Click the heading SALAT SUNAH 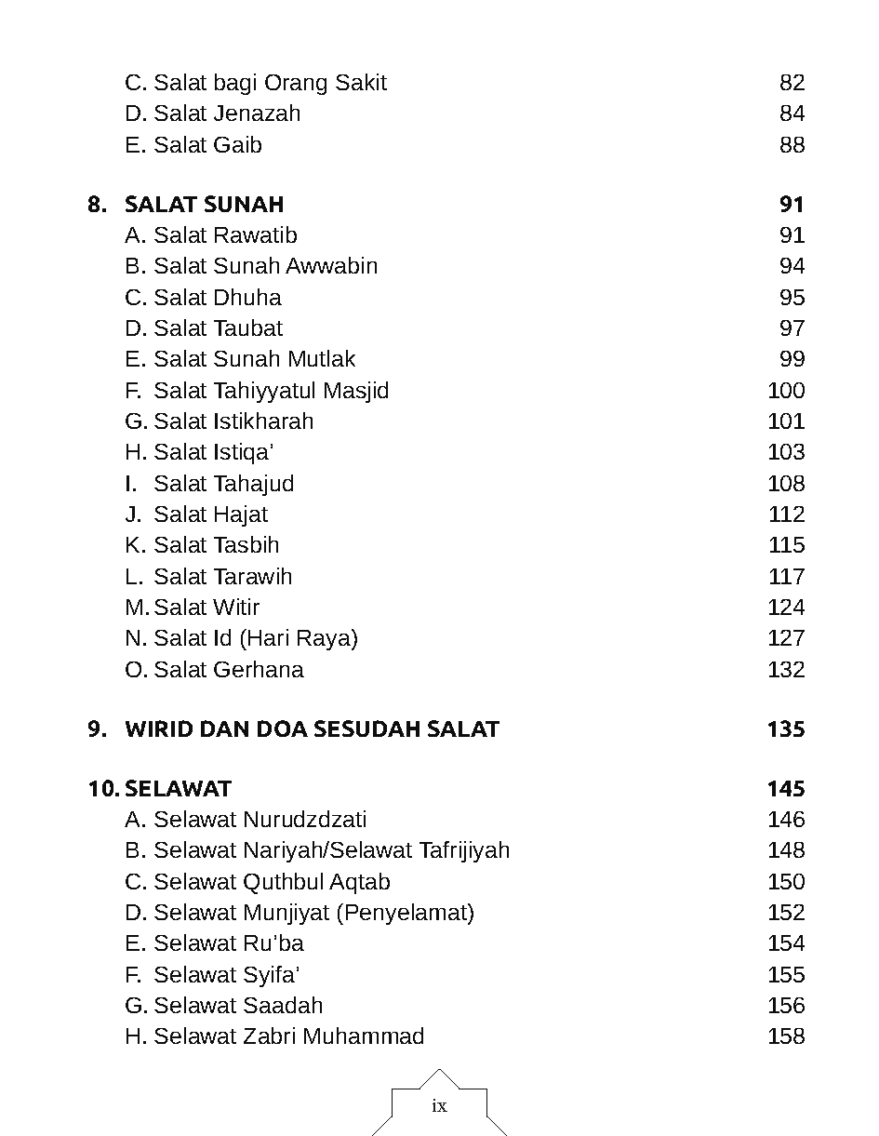204,205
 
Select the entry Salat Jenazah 227,114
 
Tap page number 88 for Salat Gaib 792,145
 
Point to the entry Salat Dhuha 217,298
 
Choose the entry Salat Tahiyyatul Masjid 271,391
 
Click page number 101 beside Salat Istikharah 786,421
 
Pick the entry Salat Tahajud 223,484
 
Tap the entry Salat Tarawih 222,577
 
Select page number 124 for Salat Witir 786,608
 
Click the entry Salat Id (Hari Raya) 255,638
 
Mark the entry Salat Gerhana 228,670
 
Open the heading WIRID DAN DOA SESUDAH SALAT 312,729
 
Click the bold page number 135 786,729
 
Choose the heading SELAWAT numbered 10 178,789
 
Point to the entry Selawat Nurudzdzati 260,820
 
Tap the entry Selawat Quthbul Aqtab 272,882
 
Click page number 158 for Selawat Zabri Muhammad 786,1036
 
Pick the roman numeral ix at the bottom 439,1106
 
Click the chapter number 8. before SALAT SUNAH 97,205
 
